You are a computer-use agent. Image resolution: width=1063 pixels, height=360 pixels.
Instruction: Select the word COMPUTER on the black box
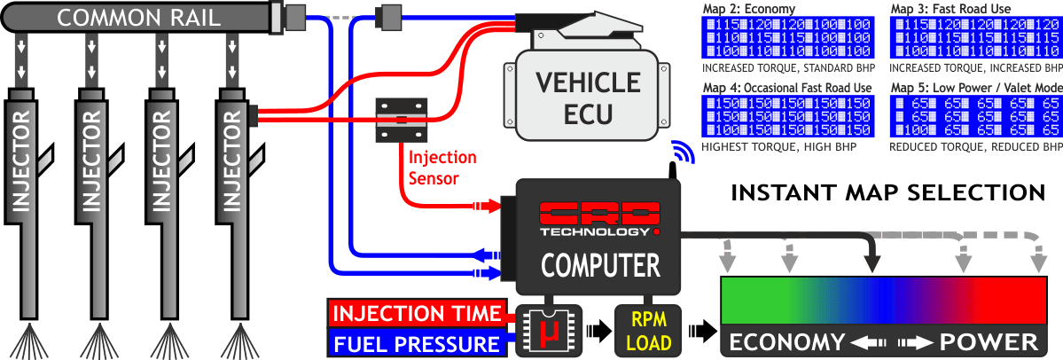[x=600, y=265]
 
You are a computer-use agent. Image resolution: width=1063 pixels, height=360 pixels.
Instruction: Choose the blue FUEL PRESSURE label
[x=415, y=344]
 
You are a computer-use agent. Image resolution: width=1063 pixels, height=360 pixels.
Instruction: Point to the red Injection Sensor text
[x=442, y=166]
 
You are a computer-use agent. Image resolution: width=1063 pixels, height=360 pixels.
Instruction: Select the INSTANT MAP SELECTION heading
[x=887, y=192]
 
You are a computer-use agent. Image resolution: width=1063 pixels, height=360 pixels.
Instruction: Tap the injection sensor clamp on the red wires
[x=402, y=118]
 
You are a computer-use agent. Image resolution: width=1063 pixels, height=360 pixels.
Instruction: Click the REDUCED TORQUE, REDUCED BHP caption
[x=975, y=145]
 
